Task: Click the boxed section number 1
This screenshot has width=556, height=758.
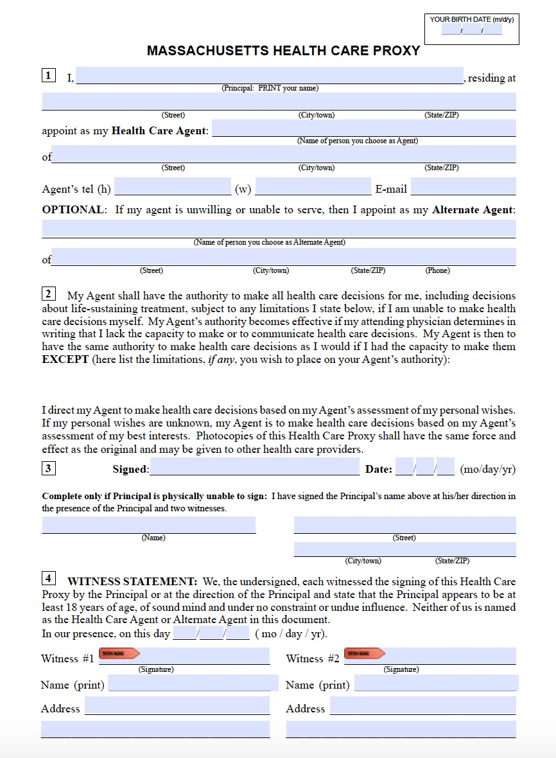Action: pos(49,76)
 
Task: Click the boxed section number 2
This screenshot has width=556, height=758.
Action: pos(49,294)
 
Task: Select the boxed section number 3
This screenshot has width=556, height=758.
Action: pos(49,468)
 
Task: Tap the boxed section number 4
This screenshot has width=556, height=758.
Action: pos(49,578)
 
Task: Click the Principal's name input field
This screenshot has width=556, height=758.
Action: pos(270,76)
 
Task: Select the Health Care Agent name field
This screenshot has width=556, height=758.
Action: pos(363,128)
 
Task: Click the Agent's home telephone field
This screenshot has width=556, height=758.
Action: pos(172,187)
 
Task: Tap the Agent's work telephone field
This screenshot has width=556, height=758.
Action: pos(313,187)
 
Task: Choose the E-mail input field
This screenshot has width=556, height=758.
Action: pos(463,187)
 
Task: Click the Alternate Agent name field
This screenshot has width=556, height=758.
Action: pos(279,229)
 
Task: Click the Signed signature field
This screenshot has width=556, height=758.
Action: pos(254,467)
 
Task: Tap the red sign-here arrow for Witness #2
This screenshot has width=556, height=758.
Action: pos(364,654)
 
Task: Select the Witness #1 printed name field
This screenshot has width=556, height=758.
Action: pos(193,683)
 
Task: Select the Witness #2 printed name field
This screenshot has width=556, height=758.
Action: pos(436,683)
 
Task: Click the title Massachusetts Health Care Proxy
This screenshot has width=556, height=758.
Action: pos(283,51)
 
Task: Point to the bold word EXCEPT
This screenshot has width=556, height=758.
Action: pos(65,360)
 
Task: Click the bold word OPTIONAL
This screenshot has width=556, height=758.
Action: pos(73,210)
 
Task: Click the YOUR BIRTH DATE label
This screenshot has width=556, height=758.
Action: pos(472,19)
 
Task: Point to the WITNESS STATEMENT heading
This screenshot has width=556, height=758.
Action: pos(132,582)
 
